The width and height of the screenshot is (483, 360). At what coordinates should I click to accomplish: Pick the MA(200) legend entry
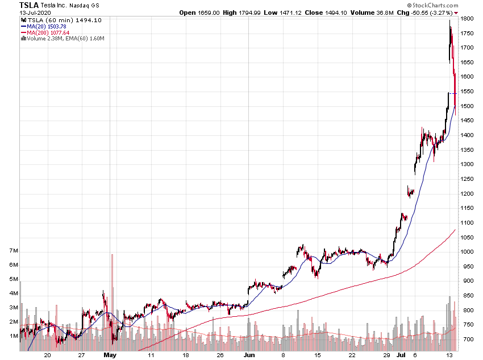coord(52,32)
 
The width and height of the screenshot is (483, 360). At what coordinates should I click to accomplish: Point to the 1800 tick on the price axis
coord(467,19)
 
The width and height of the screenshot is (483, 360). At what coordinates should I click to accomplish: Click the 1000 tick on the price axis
coord(467,252)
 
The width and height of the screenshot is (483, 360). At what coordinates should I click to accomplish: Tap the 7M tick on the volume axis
coord(14,251)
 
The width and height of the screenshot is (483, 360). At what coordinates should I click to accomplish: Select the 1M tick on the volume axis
coord(14,336)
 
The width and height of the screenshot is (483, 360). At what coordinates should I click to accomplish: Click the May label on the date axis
coord(110,355)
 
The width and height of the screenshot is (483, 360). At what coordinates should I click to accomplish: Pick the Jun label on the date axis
coord(248,355)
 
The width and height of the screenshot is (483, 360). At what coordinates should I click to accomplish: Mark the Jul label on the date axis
coord(402,355)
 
